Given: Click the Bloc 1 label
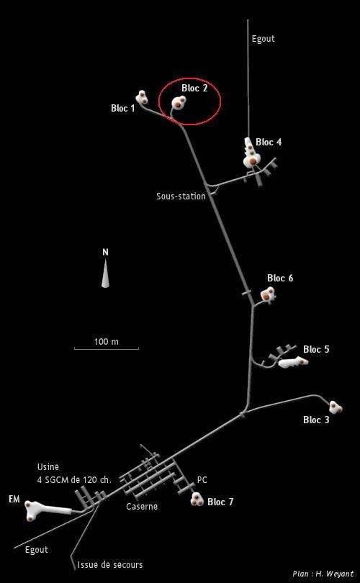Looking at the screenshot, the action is (x=122, y=108).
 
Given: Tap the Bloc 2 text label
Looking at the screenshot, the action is (x=194, y=88).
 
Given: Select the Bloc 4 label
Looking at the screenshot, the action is (x=269, y=142).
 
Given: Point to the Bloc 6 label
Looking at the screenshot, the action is (x=280, y=278).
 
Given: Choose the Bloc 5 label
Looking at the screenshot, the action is (x=316, y=349).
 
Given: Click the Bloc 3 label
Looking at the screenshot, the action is (x=316, y=420).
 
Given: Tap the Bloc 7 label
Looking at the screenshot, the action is (x=220, y=502).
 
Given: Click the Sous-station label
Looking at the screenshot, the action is (x=181, y=196).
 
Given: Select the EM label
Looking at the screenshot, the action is (x=14, y=500).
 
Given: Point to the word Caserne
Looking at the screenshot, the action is (x=142, y=507).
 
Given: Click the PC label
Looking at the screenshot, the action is (x=202, y=480).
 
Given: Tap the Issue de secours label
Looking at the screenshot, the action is (x=110, y=565).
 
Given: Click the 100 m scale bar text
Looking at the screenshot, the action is (x=107, y=341).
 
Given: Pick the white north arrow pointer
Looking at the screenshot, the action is (x=106, y=274).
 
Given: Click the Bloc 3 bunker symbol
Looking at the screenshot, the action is (x=336, y=407).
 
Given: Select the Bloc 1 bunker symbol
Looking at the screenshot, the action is (x=142, y=98).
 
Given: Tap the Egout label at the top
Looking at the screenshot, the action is (x=264, y=39).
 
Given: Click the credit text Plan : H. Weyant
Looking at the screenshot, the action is (x=323, y=574).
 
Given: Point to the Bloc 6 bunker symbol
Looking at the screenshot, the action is (x=268, y=294).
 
